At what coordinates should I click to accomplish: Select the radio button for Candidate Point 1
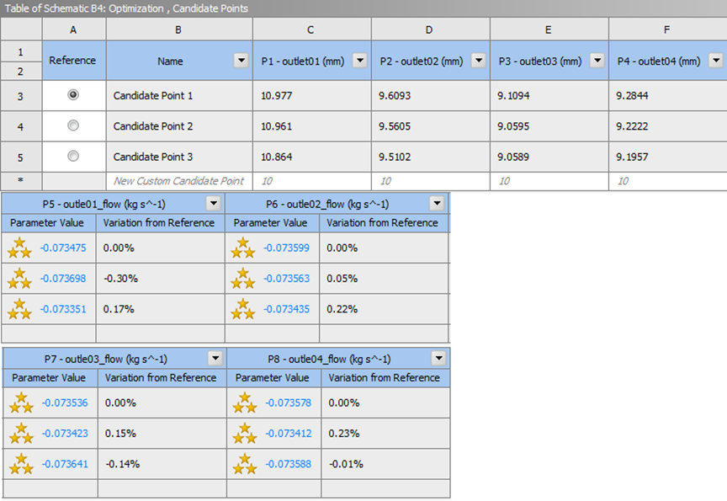pyautogui.click(x=73, y=94)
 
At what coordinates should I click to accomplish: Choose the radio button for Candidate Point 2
pyautogui.click(x=73, y=125)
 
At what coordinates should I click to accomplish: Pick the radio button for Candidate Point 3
pyautogui.click(x=73, y=156)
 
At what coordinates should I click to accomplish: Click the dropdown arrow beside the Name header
pyautogui.click(x=241, y=61)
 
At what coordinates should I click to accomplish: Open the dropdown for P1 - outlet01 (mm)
pyautogui.click(x=360, y=61)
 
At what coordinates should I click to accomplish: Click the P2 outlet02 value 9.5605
pyautogui.click(x=395, y=126)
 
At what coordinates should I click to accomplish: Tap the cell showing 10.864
pyautogui.click(x=276, y=157)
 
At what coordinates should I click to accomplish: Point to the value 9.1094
pyautogui.click(x=513, y=95)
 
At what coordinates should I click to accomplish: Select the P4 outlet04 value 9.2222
pyautogui.click(x=632, y=126)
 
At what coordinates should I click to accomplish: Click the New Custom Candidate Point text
pyautogui.click(x=178, y=181)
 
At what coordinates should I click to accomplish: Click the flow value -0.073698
pyautogui.click(x=63, y=279)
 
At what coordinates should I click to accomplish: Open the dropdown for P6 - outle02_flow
pyautogui.click(x=437, y=203)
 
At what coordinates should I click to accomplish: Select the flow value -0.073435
pyautogui.click(x=287, y=309)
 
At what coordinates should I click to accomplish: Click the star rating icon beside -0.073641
pyautogui.click(x=21, y=464)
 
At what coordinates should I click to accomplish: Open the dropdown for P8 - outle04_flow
pyautogui.click(x=438, y=358)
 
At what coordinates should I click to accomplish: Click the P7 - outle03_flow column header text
pyautogui.click(x=106, y=359)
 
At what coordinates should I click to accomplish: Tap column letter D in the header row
pyautogui.click(x=429, y=29)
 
